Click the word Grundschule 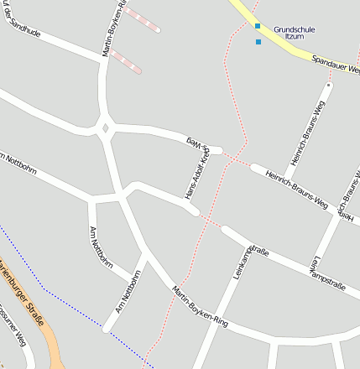point(294,29)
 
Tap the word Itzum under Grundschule point(294,37)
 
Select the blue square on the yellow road point(258,26)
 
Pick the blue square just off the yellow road point(258,41)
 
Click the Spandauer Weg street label point(335,64)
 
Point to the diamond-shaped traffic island point(105,128)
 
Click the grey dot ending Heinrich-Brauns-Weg point(329,85)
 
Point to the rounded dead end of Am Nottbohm point(107,328)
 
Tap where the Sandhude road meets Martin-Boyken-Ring point(103,61)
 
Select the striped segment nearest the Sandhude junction point(127,61)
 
